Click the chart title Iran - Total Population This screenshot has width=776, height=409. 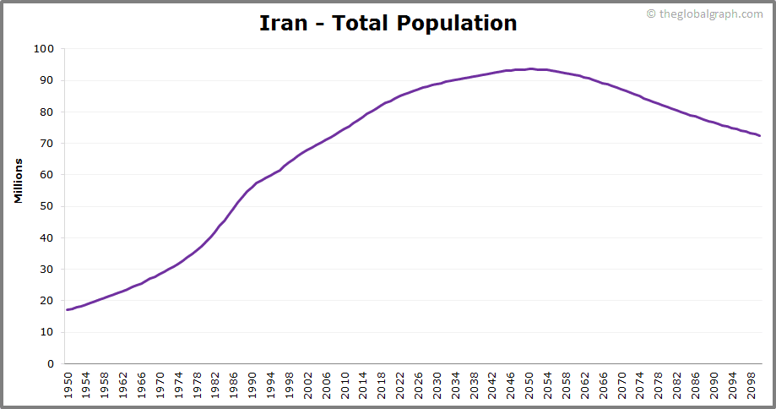388,23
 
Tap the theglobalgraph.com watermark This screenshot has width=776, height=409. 704,14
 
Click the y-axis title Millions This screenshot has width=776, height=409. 18,179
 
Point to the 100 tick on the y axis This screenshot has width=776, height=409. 44,49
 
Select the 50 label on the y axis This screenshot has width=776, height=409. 47,206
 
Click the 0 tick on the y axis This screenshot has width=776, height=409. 51,364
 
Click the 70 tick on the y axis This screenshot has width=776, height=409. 47,144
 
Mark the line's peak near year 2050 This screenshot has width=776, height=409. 530,69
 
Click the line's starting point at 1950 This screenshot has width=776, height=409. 68,310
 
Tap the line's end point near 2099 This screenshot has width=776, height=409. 759,135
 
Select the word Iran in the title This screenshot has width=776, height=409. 277,23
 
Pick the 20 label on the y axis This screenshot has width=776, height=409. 47,301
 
